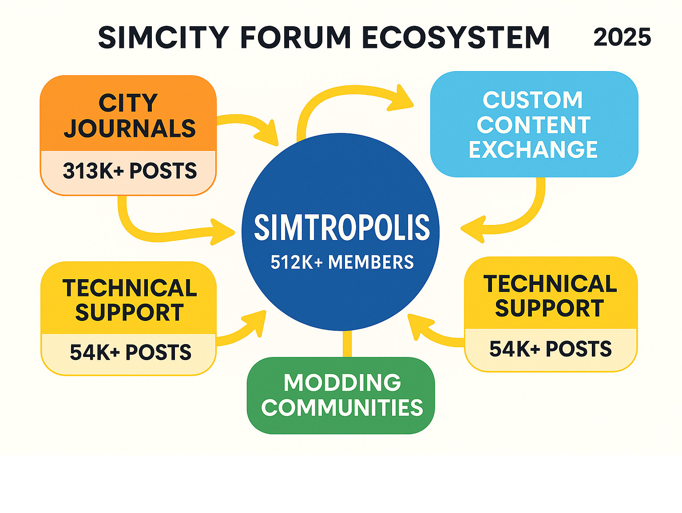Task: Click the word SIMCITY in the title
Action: click(163, 37)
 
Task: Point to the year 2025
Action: click(622, 37)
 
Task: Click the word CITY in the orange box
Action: click(128, 103)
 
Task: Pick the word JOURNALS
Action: click(130, 129)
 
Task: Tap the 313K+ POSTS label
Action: click(130, 171)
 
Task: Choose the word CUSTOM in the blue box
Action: click(532, 100)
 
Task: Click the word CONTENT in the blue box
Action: click(534, 125)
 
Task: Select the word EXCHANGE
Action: click(533, 149)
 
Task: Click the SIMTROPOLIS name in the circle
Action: click(342, 228)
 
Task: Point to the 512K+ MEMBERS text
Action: click(342, 262)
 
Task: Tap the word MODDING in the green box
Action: click(342, 383)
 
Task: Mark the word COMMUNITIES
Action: click(342, 408)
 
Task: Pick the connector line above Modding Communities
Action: click(347, 344)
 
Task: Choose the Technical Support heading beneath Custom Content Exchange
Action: click(550, 296)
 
